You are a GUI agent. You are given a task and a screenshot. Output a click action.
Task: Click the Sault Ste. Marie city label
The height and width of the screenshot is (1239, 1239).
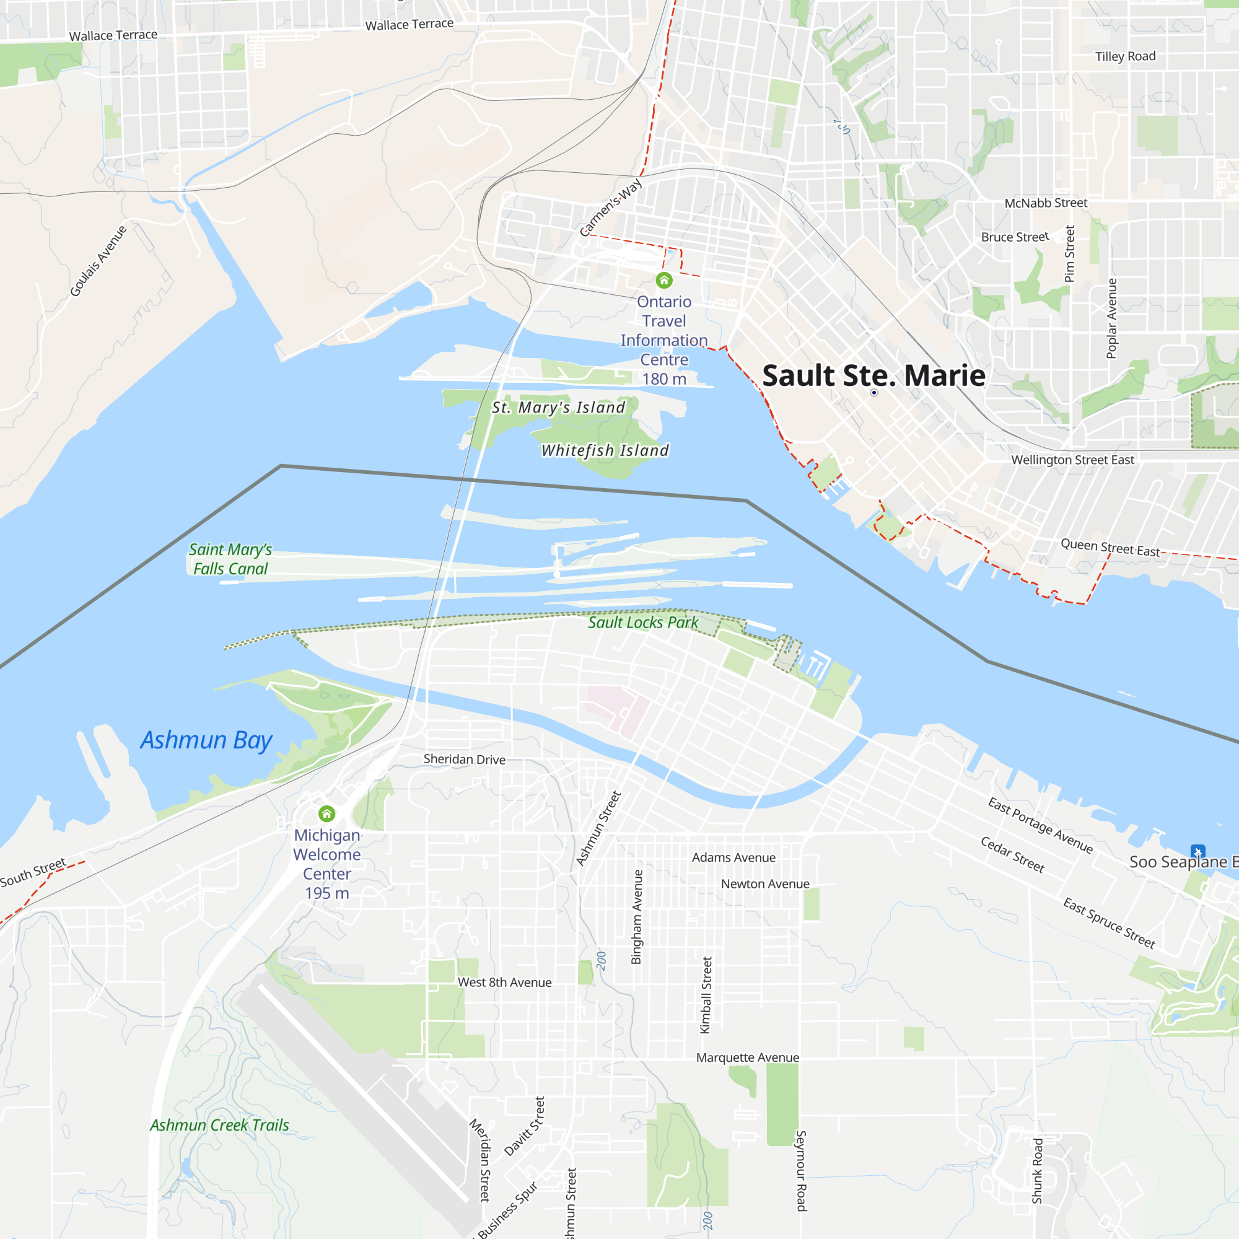(x=873, y=376)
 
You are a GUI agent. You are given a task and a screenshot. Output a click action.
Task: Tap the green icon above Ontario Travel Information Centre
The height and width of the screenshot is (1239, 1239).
(x=663, y=280)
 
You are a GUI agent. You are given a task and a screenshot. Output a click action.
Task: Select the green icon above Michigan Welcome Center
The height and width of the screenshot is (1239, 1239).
(x=327, y=814)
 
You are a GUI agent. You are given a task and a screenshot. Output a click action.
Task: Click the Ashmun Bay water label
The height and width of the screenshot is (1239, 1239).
(x=206, y=740)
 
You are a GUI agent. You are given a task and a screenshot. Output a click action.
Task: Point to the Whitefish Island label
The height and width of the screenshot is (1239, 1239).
(x=605, y=450)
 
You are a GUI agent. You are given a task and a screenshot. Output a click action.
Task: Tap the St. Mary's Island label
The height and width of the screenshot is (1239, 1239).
(x=558, y=407)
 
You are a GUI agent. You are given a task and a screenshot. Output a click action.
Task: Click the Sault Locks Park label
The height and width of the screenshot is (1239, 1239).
(x=643, y=622)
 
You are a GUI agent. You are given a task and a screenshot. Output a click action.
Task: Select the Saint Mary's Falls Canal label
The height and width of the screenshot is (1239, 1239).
(x=230, y=559)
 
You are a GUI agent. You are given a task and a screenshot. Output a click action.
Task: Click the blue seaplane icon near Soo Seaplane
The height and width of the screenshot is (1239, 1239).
(x=1197, y=851)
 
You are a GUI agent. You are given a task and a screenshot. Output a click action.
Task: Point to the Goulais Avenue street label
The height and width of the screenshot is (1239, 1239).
(x=98, y=261)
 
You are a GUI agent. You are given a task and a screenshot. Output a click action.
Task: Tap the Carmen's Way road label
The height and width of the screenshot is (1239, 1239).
(x=611, y=207)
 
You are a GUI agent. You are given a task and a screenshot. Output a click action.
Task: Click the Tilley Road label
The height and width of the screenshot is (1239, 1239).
(x=1126, y=56)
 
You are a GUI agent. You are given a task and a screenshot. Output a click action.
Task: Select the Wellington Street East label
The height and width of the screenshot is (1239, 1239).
(x=1072, y=460)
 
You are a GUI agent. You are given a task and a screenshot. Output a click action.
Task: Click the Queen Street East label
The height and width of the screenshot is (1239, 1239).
(x=1110, y=548)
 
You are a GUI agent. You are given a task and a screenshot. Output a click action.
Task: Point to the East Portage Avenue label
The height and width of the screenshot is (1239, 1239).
(x=1040, y=825)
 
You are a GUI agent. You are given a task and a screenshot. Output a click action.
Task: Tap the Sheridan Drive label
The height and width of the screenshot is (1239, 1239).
(x=464, y=760)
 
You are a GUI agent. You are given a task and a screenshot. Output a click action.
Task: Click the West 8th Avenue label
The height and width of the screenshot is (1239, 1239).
(x=505, y=983)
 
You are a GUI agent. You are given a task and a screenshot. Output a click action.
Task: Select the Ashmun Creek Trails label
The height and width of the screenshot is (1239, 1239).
(x=219, y=1126)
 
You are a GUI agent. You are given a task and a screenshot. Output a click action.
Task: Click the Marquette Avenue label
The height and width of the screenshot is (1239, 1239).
(x=748, y=1057)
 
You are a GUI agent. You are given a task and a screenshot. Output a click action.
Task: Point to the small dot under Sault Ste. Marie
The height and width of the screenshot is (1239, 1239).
(x=873, y=393)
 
